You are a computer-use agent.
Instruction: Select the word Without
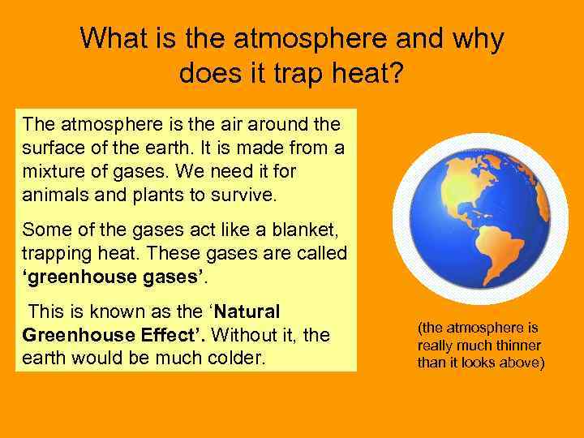coord(241,334)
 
